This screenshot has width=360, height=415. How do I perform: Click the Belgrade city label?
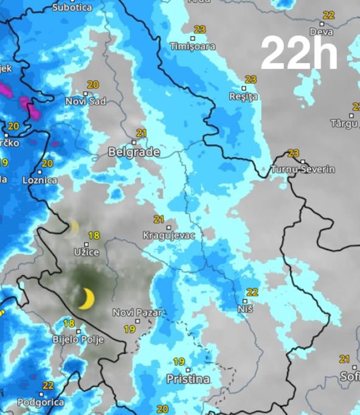(134, 152)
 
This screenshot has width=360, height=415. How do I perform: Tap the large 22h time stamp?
(299, 54)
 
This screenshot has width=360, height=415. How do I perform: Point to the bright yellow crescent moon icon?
(86, 298)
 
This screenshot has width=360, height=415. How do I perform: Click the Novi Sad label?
(85, 101)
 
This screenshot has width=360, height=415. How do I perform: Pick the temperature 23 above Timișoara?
(199, 29)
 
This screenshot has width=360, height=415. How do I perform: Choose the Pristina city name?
(188, 379)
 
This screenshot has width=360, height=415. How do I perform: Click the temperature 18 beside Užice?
(94, 235)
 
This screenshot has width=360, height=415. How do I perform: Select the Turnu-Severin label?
(303, 169)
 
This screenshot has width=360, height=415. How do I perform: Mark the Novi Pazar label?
(137, 313)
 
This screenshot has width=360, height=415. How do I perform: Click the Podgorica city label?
(41, 402)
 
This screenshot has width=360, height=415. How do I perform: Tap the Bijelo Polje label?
(78, 339)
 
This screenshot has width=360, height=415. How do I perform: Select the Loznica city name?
(40, 180)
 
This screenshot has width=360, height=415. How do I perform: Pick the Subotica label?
(72, 8)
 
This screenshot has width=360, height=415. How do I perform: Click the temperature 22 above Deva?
(329, 15)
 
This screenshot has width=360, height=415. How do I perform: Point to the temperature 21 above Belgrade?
(141, 133)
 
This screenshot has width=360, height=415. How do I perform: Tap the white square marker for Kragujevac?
(169, 227)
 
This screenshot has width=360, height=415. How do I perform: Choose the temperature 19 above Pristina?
(178, 361)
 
